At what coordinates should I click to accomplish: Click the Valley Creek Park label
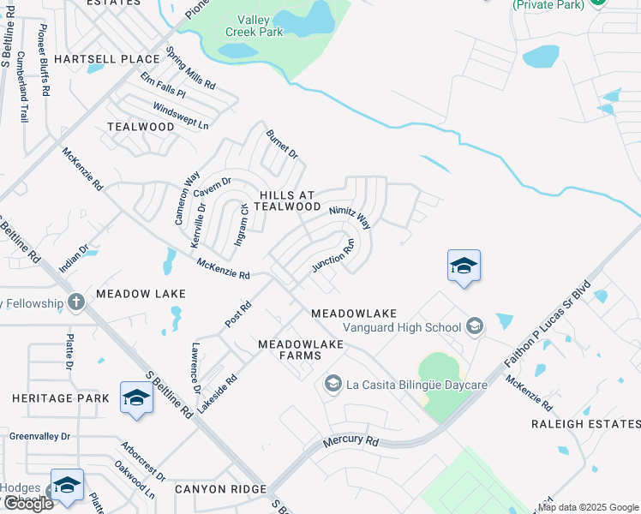(254, 26)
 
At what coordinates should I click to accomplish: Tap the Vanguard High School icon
(475, 326)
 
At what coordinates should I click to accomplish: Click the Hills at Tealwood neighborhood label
(278, 200)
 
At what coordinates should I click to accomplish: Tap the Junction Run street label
(333, 256)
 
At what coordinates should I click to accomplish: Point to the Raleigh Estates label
(585, 424)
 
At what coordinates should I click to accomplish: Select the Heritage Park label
(61, 398)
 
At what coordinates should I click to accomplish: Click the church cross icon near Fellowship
(76, 302)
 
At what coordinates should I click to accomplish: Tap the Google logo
(27, 504)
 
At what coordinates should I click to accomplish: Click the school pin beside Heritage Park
(136, 397)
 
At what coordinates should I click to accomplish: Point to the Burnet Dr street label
(281, 145)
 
